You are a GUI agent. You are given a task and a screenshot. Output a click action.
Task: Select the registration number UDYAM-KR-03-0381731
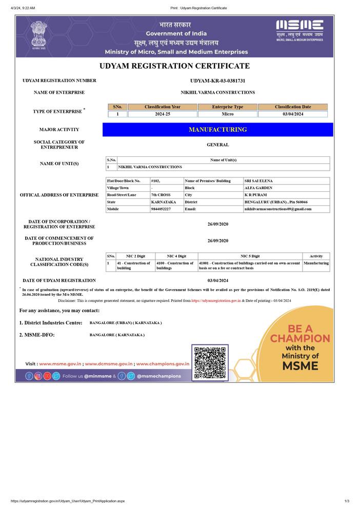[x=217, y=81]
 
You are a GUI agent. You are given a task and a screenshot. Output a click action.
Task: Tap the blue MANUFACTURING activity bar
[x=218, y=130]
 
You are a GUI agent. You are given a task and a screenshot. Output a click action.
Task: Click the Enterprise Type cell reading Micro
[x=227, y=114]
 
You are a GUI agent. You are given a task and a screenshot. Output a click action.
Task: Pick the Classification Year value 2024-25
[x=162, y=114]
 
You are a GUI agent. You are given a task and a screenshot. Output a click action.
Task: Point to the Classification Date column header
[x=292, y=107]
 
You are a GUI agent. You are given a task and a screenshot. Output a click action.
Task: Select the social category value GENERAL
[x=217, y=145]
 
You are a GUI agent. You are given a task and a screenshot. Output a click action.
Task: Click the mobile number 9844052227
[x=161, y=209]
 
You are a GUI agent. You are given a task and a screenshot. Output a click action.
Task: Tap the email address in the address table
[x=277, y=209]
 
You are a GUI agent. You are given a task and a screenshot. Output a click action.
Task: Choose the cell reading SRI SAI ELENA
[x=258, y=181]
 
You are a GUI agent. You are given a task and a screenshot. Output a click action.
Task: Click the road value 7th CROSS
[x=161, y=195]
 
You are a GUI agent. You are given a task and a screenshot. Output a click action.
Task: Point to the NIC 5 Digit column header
[x=250, y=256]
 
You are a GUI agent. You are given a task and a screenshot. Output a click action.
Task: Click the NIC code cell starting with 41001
[x=250, y=266]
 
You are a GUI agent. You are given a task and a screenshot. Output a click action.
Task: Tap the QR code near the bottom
[x=210, y=362]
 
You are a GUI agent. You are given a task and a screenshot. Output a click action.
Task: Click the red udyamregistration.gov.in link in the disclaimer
[x=216, y=301]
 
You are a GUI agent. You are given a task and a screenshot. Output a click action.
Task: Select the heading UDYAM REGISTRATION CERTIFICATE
[x=174, y=66]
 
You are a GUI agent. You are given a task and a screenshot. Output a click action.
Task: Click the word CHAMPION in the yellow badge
[x=300, y=338]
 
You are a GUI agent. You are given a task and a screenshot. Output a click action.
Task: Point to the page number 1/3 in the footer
[x=347, y=501]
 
